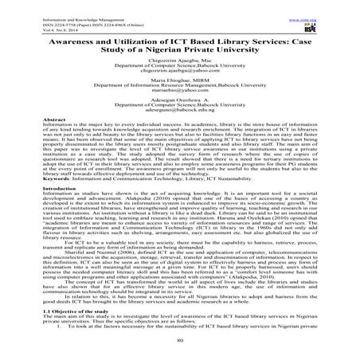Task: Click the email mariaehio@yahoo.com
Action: tap(179, 104)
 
